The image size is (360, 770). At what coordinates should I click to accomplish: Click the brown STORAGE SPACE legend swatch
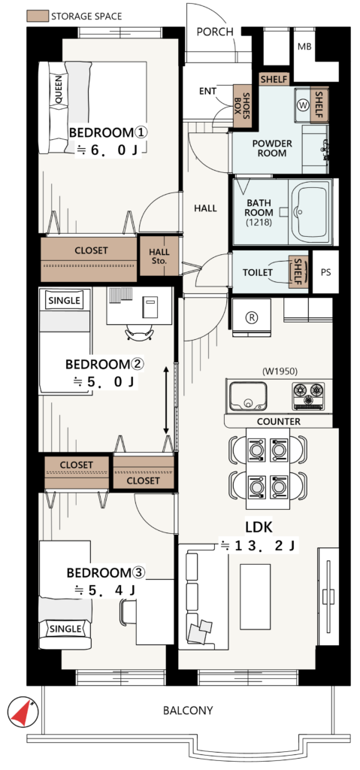tap(37, 16)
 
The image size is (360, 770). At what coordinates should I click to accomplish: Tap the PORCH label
tap(215, 32)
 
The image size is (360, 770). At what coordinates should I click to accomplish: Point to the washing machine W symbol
tap(303, 105)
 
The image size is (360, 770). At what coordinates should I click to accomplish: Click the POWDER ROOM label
tap(272, 148)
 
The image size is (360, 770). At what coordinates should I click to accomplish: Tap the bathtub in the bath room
tap(310, 211)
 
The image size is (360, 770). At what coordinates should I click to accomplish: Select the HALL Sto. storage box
tap(159, 256)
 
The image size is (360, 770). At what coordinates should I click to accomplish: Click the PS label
tap(325, 272)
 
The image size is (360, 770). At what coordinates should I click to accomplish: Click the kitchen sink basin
tap(248, 396)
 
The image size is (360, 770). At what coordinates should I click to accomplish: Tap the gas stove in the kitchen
tap(308, 396)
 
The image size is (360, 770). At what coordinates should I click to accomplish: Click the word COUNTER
tap(279, 421)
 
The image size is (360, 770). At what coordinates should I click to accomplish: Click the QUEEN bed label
tap(59, 90)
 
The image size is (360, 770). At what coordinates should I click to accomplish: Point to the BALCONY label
tap(188, 710)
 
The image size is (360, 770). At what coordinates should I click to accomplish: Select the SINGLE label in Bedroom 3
tap(65, 629)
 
